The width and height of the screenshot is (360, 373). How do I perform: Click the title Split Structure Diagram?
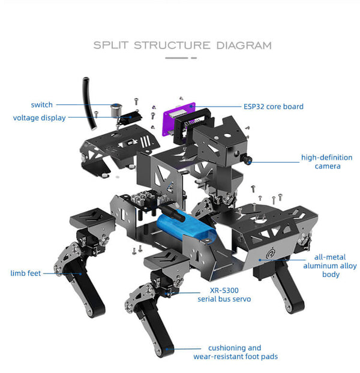click(182, 46)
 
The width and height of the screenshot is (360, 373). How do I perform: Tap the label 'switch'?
click(42, 104)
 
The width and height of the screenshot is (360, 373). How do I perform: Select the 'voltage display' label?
click(40, 118)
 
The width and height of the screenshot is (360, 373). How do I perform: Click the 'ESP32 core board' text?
click(273, 107)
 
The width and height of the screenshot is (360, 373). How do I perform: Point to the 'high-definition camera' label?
click(327, 162)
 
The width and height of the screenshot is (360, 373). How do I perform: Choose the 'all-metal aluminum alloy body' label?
click(329, 266)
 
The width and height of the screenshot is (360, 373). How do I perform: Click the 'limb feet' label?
click(26, 273)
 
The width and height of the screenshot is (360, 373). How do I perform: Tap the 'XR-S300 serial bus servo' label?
click(224, 294)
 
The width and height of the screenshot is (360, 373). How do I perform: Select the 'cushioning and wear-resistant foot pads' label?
click(235, 352)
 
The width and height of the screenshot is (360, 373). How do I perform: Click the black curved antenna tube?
click(90, 104)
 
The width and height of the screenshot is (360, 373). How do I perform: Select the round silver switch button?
click(115, 108)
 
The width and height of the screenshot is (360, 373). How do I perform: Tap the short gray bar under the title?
click(181, 58)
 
